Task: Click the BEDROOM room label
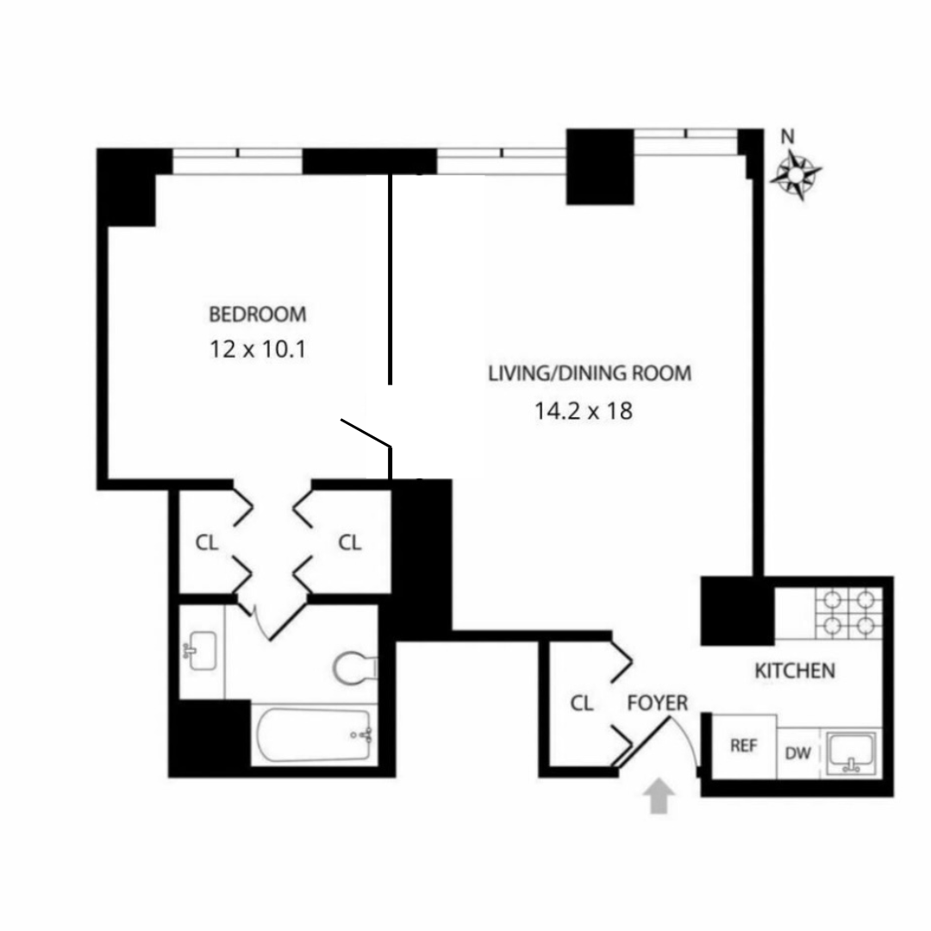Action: pos(257,315)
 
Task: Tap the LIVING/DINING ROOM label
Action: pos(590,374)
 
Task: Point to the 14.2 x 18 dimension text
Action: pos(584,411)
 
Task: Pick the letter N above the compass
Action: pos(786,137)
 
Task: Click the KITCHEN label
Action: pos(795,671)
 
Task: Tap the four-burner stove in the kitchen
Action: pos(848,613)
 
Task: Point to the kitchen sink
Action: pos(852,753)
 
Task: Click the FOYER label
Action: pos(658,703)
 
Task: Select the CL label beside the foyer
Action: pos(582,703)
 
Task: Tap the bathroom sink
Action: pos(202,649)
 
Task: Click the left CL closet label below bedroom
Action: pos(207,543)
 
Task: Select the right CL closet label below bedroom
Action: pos(349,543)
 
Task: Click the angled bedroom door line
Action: pos(366,434)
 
